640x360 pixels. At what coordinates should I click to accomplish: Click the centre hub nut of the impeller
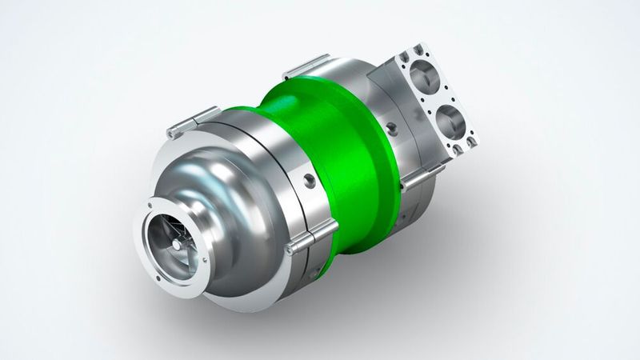pos(174,238)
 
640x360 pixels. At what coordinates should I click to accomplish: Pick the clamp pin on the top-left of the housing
pos(192,121)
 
